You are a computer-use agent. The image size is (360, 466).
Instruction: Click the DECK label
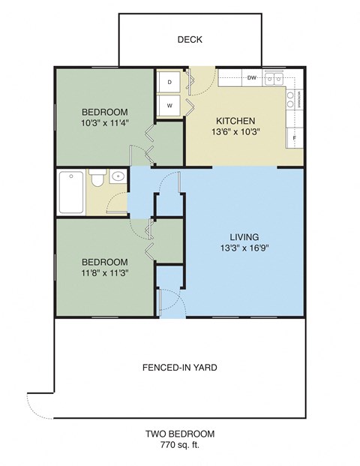click(190, 41)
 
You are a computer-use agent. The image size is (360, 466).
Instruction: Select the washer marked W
click(170, 106)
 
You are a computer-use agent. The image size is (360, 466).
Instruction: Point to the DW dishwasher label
click(252, 77)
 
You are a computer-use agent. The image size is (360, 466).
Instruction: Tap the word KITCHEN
click(236, 121)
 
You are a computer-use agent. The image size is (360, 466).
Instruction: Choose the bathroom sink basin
click(118, 178)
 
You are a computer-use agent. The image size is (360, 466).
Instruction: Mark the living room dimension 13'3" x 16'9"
click(244, 248)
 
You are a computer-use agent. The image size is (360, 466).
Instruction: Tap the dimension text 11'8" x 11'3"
click(105, 273)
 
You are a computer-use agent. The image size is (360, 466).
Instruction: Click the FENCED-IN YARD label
click(180, 368)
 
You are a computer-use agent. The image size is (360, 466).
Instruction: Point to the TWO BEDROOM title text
click(180, 434)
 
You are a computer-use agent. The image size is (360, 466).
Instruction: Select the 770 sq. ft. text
click(180, 446)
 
